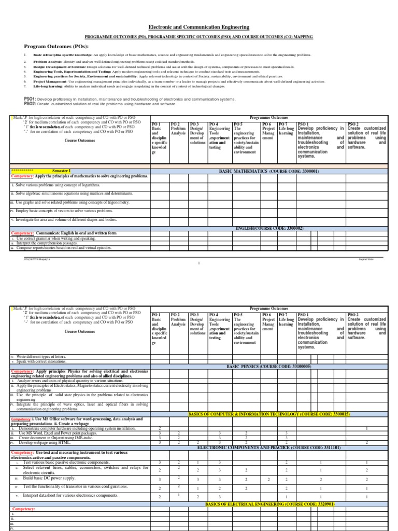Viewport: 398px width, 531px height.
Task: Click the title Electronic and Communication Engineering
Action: pyautogui.click(x=199, y=27)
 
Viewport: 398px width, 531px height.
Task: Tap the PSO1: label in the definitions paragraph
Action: pyautogui.click(x=30, y=98)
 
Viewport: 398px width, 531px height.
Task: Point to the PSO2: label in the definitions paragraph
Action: pyautogui.click(x=30, y=104)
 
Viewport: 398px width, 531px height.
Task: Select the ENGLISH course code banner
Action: pyautogui.click(x=269, y=228)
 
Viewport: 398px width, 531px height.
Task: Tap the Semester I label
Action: pyautogui.click(x=61, y=171)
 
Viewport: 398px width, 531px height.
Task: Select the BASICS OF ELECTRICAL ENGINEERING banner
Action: pyautogui.click(x=270, y=504)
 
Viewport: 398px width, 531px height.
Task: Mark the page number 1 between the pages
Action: pyautogui.click(x=199, y=263)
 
